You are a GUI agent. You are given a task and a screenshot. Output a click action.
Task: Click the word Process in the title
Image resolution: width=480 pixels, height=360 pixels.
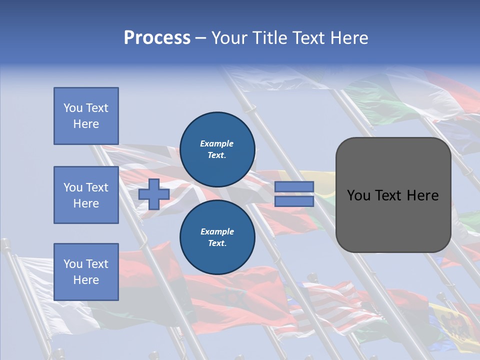pos(157,38)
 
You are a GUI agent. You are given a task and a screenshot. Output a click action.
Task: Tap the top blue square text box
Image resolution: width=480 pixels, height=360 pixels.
pos(86,116)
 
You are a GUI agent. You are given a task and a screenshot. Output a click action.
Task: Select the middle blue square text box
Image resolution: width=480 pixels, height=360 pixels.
pos(86,195)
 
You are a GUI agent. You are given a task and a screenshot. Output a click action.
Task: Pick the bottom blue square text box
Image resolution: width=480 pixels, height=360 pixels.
pos(86,272)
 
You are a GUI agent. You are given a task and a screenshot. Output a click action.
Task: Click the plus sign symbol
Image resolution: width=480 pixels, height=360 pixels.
pos(154,194)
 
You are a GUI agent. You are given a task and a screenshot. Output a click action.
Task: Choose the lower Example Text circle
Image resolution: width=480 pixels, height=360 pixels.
pos(217,237)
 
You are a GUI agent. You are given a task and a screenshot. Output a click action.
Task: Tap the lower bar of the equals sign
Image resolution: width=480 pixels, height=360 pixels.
pos(294,201)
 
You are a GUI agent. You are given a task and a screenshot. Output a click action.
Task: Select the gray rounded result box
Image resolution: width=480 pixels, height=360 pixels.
pos(393,220)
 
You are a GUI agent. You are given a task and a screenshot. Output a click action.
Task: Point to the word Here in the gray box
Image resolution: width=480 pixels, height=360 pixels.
pos(422,195)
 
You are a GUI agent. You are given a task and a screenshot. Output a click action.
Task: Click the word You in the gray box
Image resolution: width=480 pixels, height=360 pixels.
pos(359,195)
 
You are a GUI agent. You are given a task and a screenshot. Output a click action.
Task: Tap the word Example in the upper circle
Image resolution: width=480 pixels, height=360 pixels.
pos(217,144)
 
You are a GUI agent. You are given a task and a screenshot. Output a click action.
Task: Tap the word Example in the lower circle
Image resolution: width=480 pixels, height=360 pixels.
pos(217,232)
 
